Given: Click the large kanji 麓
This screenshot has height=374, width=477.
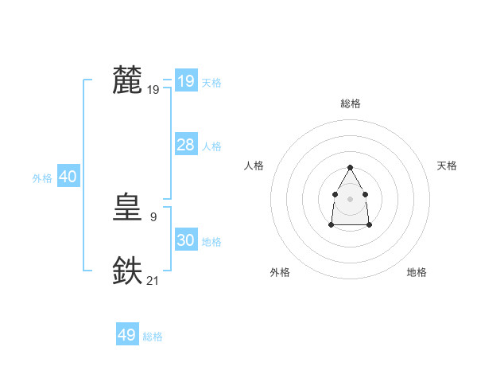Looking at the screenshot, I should tap(128, 80).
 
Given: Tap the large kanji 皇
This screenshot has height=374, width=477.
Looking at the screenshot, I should tap(128, 208).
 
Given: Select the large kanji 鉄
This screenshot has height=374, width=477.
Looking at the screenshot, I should tap(128, 271).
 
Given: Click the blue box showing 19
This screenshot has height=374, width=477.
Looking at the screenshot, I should tap(186, 81).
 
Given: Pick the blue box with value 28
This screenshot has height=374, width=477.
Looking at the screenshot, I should tap(186, 145).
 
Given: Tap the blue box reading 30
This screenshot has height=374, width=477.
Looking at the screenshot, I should tap(186, 240).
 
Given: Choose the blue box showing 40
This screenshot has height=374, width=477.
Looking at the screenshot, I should tap(68, 177).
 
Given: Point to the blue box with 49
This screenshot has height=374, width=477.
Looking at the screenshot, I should tap(127, 335).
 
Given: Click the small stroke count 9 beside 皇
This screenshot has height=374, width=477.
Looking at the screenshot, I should tap(153, 216).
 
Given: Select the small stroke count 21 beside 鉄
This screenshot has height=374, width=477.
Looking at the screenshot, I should tap(153, 279).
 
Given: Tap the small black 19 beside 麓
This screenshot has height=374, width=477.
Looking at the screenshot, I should tap(153, 90).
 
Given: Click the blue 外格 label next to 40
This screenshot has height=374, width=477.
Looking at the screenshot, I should tap(42, 178).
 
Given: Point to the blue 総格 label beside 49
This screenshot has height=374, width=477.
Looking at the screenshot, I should tap(153, 337).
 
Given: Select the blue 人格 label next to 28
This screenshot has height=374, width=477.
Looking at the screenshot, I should tap(211, 146).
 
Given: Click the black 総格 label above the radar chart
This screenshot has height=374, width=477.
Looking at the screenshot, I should tap(350, 103).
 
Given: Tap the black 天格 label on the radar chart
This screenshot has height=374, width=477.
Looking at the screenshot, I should tap(447, 166).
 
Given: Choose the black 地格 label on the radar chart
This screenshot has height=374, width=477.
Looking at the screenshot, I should tap(417, 273).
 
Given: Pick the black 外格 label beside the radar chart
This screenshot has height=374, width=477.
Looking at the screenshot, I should tap(280, 273).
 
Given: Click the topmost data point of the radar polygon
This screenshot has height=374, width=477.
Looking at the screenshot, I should tap(350, 167).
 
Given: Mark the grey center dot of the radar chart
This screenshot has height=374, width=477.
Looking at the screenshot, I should tap(350, 198).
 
